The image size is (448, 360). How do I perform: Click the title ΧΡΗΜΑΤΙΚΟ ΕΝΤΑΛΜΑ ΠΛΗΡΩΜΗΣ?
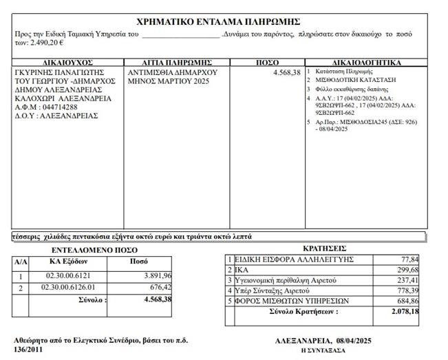coord(219,21)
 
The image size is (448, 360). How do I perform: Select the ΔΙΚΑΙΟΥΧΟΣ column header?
coord(67,63)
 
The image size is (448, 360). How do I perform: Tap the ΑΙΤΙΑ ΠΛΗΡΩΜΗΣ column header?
coord(176,63)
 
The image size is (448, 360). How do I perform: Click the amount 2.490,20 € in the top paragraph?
coord(46,43)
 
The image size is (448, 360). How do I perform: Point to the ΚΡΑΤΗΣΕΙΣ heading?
coord(324,248)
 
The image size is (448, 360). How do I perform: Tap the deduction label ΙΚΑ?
coord(242,270)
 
